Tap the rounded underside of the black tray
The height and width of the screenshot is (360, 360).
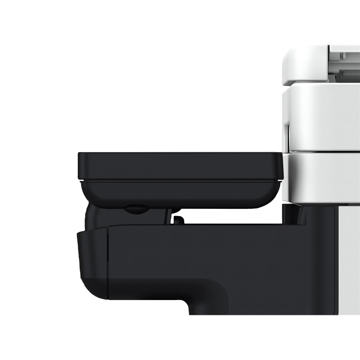click(182, 196)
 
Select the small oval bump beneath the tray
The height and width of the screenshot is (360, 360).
click(135, 209)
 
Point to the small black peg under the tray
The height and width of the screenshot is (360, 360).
click(178, 220)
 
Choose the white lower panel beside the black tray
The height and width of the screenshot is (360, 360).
click(322, 178)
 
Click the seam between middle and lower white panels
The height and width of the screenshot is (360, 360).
click(322, 153)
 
